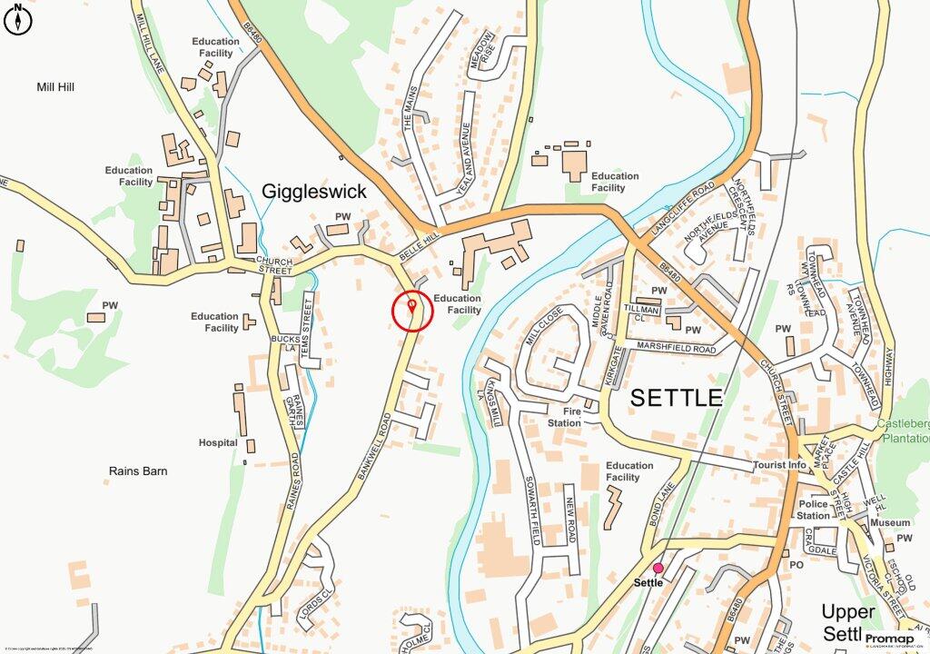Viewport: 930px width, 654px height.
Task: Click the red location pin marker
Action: coord(412,306)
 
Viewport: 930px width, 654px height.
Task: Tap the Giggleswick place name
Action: coord(314,192)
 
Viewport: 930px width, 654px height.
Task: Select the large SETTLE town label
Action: coord(677,398)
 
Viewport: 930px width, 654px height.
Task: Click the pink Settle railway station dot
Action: coord(658,569)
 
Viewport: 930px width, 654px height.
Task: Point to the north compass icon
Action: coord(17,20)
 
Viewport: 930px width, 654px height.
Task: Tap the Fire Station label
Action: coord(565,417)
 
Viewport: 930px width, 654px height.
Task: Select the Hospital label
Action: coord(218,443)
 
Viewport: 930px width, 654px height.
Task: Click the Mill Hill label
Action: coord(55,87)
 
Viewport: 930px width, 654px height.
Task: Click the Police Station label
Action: coord(814,510)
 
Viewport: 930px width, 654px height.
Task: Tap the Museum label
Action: coord(889,523)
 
